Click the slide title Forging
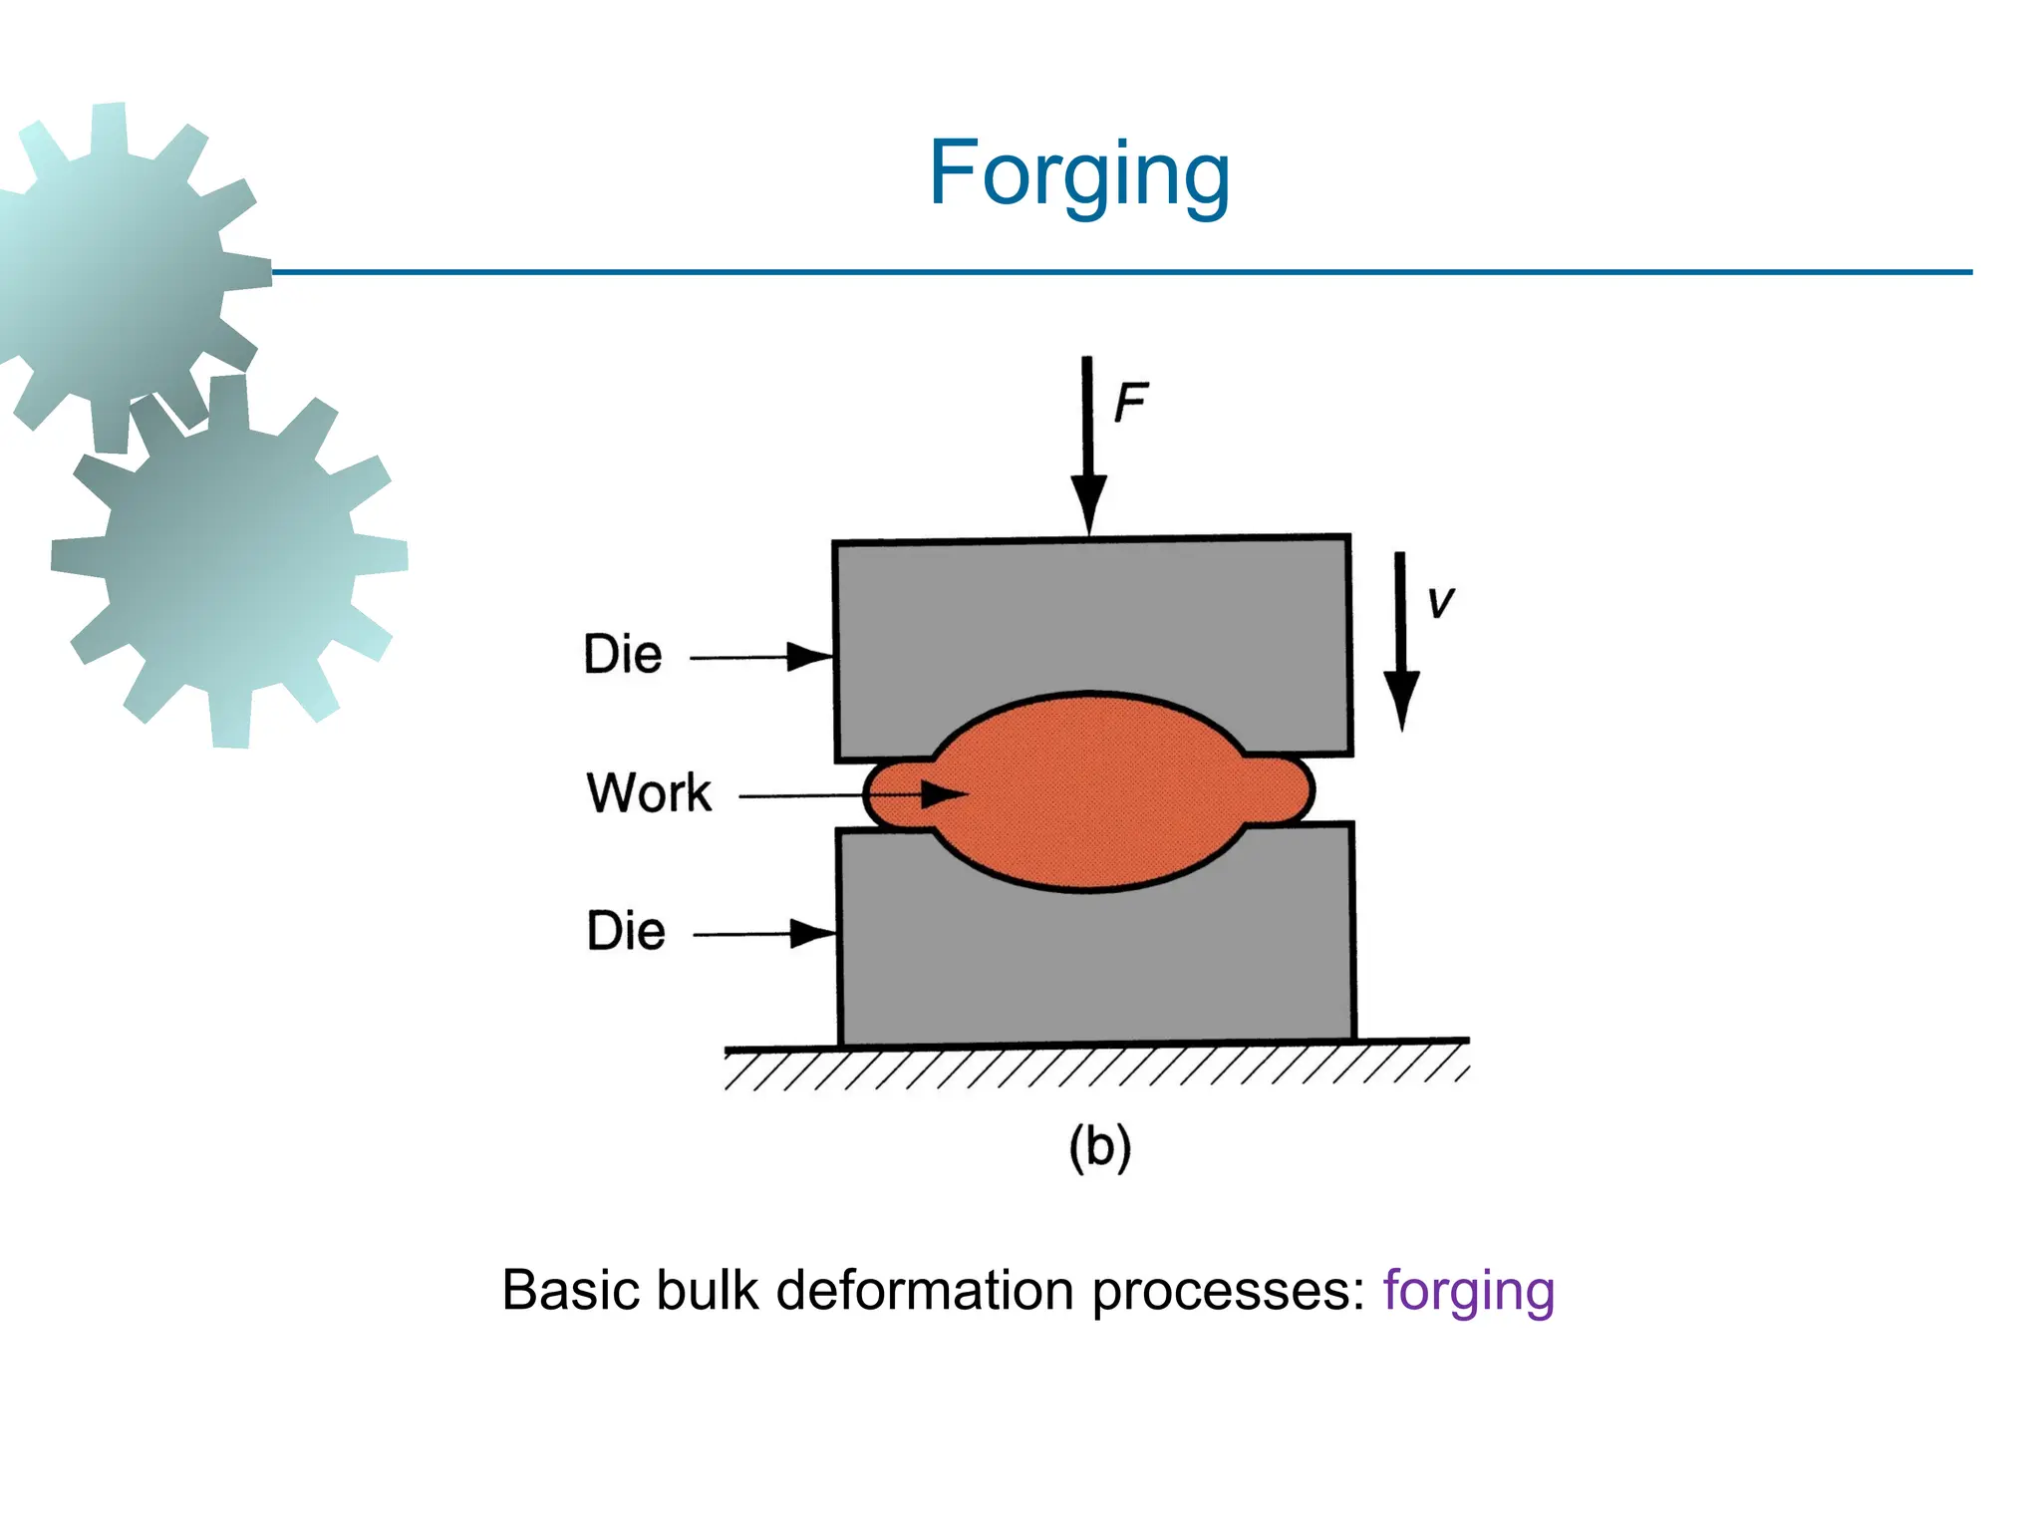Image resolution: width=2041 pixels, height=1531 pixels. click(x=1079, y=174)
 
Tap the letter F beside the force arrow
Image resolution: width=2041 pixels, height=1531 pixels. click(x=1130, y=403)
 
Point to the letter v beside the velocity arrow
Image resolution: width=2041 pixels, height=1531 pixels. click(x=1440, y=602)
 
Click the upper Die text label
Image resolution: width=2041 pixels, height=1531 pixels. click(x=623, y=655)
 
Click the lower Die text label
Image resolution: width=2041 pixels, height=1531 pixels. click(x=626, y=931)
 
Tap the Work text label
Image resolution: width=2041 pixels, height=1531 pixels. click(x=649, y=793)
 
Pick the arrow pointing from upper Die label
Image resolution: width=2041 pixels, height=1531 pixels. click(x=761, y=657)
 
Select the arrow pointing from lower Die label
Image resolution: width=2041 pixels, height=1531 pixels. click(x=764, y=934)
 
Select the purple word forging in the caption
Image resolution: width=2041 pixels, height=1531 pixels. click(x=1468, y=1291)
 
